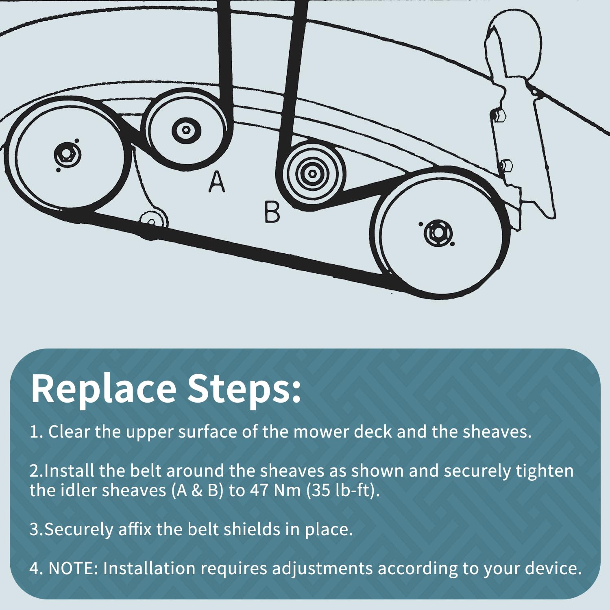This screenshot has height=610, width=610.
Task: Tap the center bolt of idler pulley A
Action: tap(186, 130)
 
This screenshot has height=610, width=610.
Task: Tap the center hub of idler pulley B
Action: tap(312, 174)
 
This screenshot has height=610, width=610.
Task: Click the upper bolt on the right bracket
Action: tap(499, 115)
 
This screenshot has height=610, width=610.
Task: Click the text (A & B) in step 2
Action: tap(197, 490)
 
